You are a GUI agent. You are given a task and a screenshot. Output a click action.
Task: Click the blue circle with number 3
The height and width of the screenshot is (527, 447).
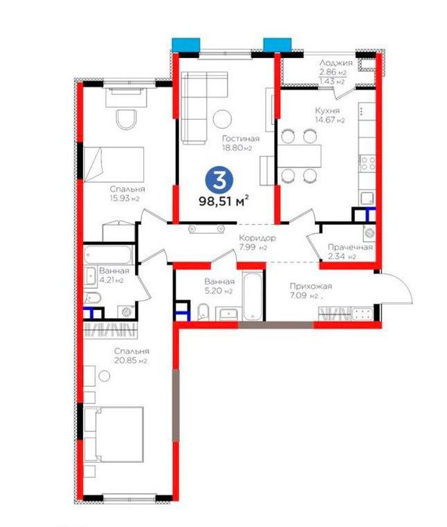(x=220, y=181)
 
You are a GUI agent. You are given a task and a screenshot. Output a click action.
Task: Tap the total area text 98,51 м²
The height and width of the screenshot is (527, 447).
(x=223, y=201)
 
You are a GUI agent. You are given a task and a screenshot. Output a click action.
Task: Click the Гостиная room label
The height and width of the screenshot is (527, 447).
(x=241, y=139)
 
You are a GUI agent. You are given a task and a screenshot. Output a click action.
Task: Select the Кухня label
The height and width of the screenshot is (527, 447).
(x=327, y=111)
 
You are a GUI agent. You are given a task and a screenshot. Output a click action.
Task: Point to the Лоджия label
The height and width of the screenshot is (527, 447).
(x=336, y=63)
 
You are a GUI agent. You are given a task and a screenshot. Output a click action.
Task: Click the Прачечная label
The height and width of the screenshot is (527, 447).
(x=350, y=247)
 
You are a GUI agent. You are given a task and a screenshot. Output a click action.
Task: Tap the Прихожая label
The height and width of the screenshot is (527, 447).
(x=310, y=286)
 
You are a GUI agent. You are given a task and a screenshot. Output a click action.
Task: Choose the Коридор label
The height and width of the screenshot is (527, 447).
(x=257, y=238)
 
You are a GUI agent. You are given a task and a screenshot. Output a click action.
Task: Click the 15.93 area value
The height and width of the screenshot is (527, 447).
(x=119, y=198)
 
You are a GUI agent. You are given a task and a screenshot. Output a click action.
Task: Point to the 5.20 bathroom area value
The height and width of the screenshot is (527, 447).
(x=214, y=291)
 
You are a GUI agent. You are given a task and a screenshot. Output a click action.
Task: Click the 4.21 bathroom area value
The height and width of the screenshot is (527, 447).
(x=106, y=280)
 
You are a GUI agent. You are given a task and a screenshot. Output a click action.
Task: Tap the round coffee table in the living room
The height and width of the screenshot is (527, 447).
(x=222, y=118)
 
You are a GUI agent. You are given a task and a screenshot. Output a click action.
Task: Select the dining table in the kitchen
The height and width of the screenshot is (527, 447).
(x=299, y=155)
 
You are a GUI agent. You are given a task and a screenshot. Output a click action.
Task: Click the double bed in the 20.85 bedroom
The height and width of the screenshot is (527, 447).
(x=114, y=434)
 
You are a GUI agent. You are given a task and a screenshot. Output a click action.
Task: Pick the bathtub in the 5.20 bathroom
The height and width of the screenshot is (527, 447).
(x=252, y=297)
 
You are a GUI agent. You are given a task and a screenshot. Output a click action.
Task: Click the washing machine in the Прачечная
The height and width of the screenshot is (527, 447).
(x=369, y=233)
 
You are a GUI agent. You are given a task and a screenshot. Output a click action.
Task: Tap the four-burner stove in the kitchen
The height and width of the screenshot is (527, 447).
(x=367, y=163)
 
